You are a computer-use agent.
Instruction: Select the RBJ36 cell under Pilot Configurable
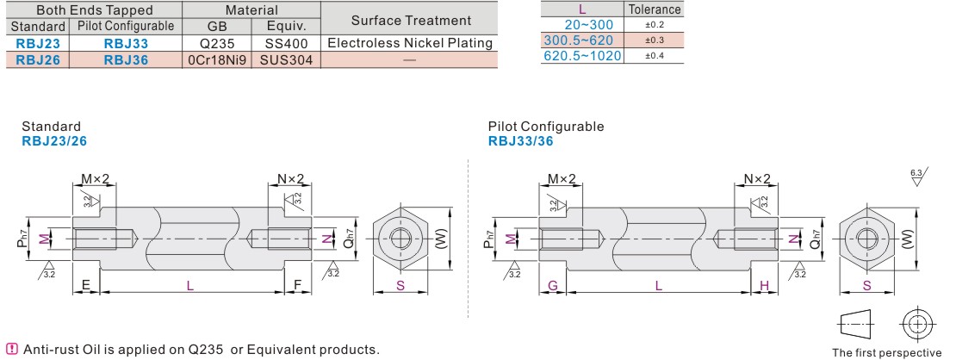click(127, 59)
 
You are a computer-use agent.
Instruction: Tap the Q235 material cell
click(217, 43)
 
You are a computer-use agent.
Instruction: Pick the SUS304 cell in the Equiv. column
click(286, 59)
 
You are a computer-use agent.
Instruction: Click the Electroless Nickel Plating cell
click(410, 43)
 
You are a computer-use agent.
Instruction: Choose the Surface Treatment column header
click(411, 20)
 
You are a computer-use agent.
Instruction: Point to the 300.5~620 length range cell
click(582, 40)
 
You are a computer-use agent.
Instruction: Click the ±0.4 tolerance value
click(655, 56)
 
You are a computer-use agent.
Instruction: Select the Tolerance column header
click(655, 9)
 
